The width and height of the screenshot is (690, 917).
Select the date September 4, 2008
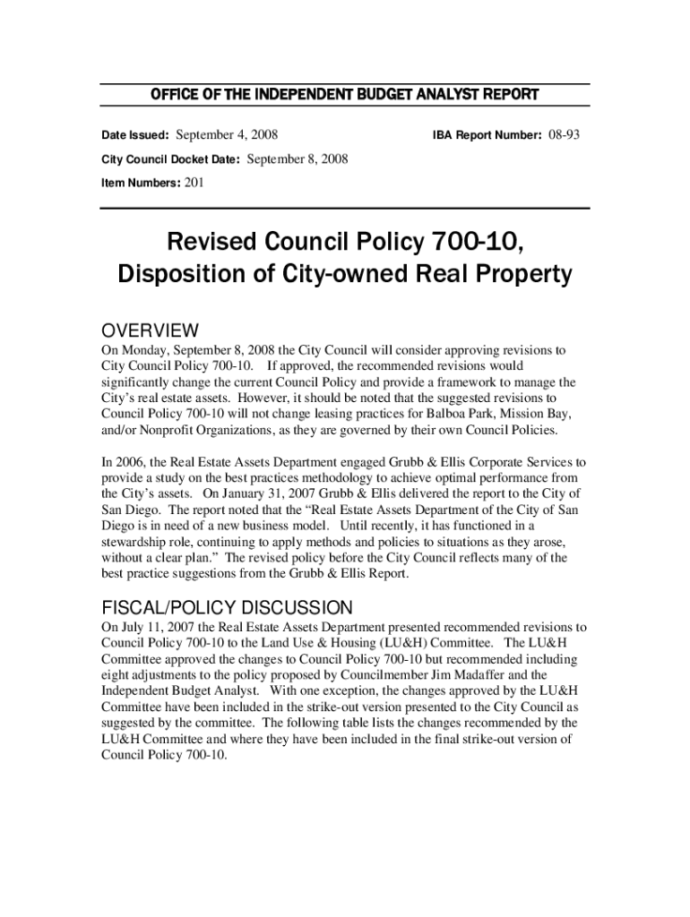(x=227, y=135)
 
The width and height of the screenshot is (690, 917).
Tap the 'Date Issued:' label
(x=134, y=136)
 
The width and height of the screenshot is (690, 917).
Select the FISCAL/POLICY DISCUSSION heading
(x=227, y=607)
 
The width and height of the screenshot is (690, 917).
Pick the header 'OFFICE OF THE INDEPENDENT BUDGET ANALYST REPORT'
(x=344, y=95)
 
